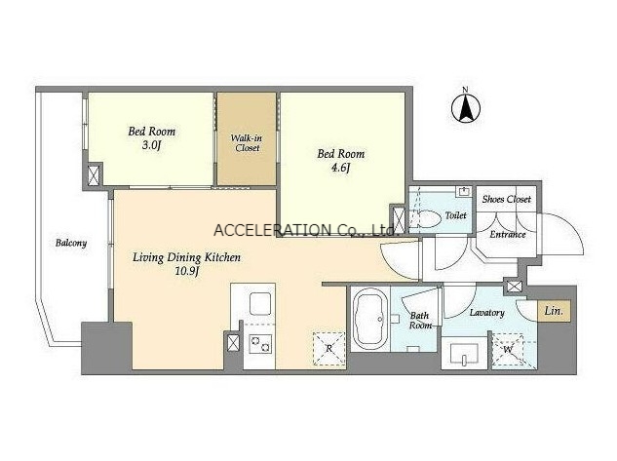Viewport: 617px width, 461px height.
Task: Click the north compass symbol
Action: [x=466, y=107]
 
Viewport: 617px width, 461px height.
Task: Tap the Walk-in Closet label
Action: [x=247, y=143]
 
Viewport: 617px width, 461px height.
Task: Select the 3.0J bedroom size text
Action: [x=151, y=145]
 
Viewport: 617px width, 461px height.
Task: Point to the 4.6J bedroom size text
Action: [x=340, y=168]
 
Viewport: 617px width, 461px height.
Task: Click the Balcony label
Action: [x=71, y=243]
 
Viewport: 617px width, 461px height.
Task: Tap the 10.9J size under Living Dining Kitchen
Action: [x=186, y=271]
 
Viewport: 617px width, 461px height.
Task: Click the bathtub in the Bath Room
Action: [x=369, y=319]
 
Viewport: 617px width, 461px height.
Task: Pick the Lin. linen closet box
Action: [x=554, y=311]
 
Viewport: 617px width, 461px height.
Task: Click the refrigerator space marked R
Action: [x=328, y=349]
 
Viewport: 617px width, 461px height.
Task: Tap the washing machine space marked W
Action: [x=508, y=349]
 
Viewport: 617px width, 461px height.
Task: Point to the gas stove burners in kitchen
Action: [x=260, y=343]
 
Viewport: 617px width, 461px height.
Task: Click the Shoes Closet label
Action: [x=507, y=200]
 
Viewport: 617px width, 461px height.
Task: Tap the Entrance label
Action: [x=508, y=235]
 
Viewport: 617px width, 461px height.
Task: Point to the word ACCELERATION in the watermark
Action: [x=272, y=230]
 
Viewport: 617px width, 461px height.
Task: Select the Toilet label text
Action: [x=455, y=215]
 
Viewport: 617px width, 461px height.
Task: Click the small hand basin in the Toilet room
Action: [x=464, y=192]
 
